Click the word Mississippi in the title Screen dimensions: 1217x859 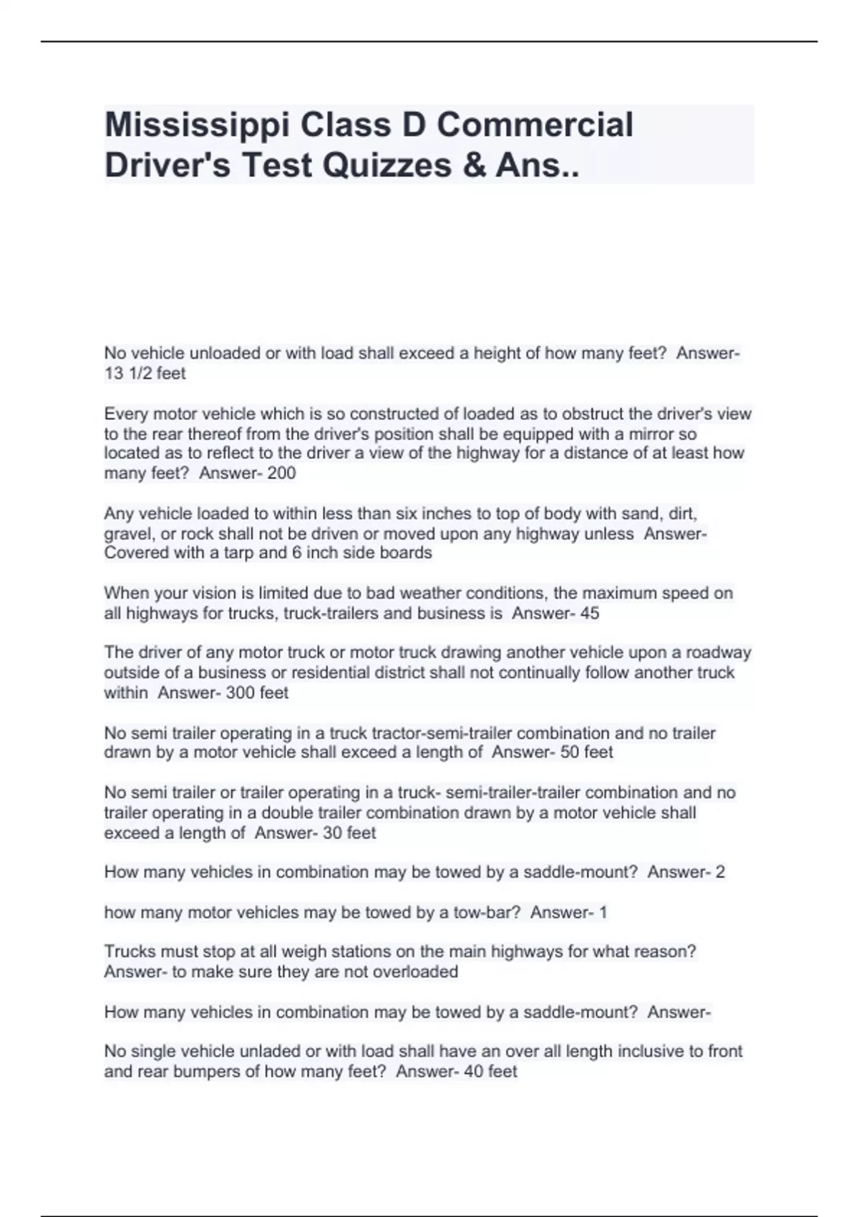197,125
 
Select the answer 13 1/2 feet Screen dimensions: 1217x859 145,373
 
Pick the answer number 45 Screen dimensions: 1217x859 590,613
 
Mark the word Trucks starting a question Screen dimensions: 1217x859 128,951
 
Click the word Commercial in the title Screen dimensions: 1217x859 535,125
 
